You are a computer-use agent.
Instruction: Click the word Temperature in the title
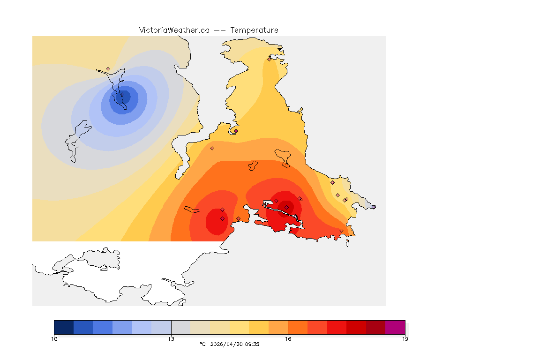[x=254, y=30]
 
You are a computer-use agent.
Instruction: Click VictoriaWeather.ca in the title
[x=174, y=30]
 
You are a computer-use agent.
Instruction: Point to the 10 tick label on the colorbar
[x=54, y=339]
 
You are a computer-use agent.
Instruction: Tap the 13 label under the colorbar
[x=171, y=339]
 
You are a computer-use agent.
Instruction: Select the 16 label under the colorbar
[x=288, y=339]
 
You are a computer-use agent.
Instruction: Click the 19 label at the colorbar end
[x=405, y=339]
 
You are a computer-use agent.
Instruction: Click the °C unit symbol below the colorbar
[x=202, y=344]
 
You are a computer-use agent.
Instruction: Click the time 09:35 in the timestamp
[x=253, y=344]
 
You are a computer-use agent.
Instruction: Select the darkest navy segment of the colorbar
[x=64, y=327]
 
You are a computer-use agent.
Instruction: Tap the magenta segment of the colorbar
[x=395, y=327]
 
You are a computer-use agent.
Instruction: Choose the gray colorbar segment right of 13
[x=180, y=327]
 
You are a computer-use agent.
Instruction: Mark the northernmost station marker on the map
[x=270, y=59]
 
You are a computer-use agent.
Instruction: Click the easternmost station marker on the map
[x=374, y=207]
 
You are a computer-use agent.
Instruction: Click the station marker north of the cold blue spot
[x=108, y=68]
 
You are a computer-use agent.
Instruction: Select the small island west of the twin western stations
[x=192, y=209]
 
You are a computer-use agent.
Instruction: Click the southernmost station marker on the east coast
[x=341, y=231]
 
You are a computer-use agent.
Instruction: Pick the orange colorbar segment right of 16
[x=297, y=327]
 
